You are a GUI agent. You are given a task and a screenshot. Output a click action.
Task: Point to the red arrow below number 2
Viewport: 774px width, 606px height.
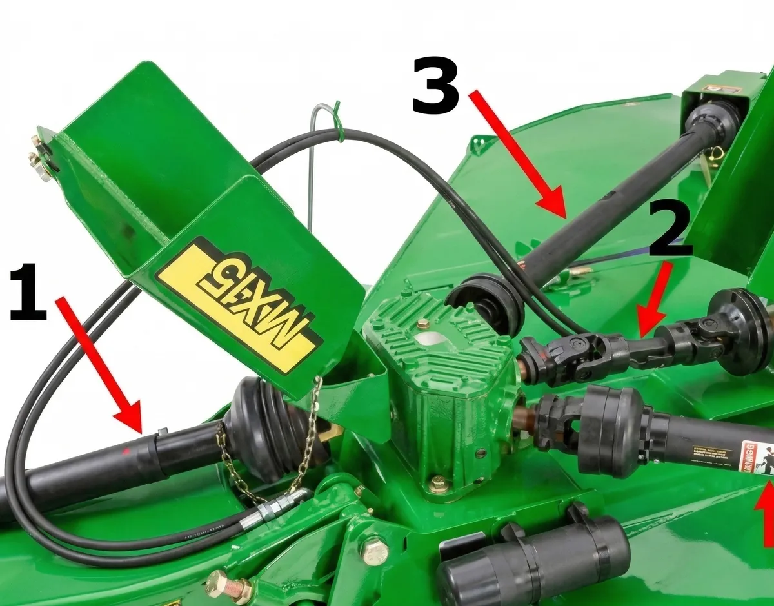tap(653, 303)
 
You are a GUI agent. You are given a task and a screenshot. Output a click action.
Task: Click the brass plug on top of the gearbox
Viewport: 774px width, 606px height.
tap(423, 324)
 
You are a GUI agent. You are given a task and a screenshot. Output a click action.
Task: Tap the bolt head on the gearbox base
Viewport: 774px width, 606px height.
tap(439, 483)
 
